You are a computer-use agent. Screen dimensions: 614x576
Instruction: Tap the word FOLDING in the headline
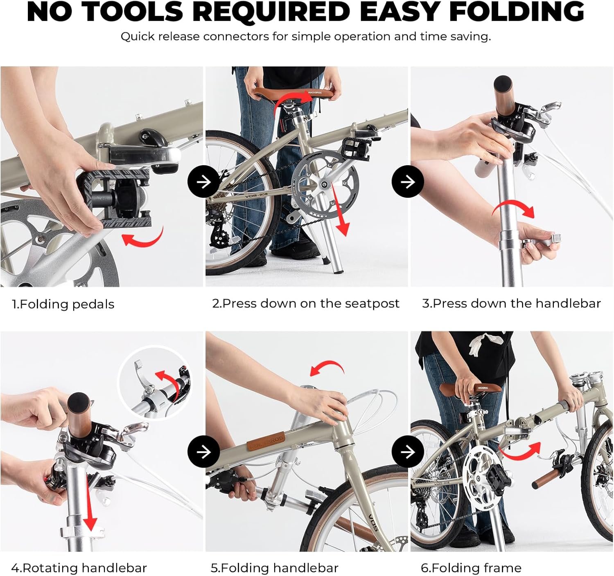(x=517, y=12)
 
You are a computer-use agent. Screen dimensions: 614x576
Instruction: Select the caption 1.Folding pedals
(x=63, y=305)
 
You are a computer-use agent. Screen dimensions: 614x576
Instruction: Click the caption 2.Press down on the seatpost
(x=306, y=304)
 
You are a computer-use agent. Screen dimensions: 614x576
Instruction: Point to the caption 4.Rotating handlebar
(x=79, y=568)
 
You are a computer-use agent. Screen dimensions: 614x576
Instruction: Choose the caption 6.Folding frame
(x=471, y=568)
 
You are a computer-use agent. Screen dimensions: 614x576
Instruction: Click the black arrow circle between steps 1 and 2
(x=203, y=182)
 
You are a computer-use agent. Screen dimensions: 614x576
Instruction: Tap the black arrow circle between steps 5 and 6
(x=408, y=452)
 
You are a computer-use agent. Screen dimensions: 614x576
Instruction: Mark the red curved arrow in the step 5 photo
(x=328, y=365)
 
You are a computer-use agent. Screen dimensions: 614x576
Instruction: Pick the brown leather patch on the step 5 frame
(x=266, y=442)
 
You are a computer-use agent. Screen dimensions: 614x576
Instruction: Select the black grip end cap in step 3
(x=503, y=83)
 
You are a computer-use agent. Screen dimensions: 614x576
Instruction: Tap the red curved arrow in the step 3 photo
(x=513, y=206)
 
